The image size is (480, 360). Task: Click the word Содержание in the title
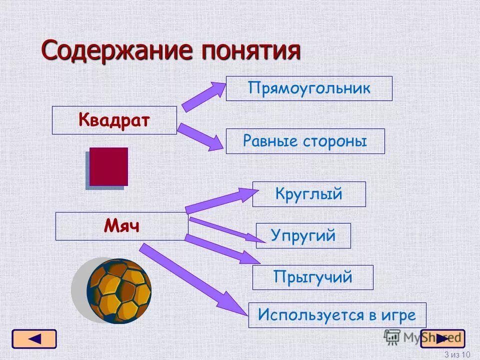pos(118,51)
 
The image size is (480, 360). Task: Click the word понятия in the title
pos(250,51)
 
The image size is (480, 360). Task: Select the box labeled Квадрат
pos(114,120)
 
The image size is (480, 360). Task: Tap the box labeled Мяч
pos(121,226)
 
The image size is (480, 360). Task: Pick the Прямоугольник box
pos(309,88)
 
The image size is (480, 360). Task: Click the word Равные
pos(270,141)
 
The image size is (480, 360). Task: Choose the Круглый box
pos(309,194)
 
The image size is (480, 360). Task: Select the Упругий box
pos(303,235)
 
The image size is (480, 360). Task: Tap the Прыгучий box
pos(312,277)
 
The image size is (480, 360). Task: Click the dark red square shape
pos(108,166)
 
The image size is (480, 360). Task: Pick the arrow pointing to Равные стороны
pos(199,136)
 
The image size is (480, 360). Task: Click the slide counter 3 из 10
pos(457,354)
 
